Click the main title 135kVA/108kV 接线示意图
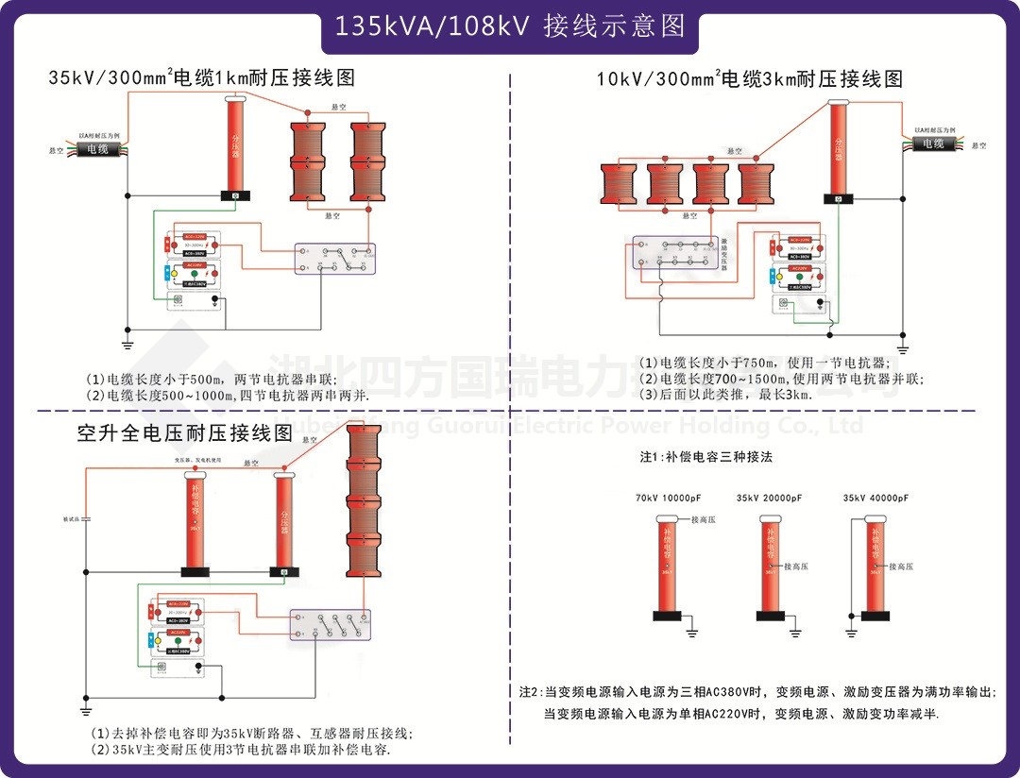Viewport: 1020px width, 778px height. pos(510,25)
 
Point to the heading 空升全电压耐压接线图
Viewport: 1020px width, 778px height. pos(185,434)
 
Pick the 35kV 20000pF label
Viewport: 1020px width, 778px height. pos(769,498)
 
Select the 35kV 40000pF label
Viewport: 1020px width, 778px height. pos(875,498)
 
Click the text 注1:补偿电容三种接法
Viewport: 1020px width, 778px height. pos(705,457)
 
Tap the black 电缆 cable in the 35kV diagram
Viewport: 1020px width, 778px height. pos(98,149)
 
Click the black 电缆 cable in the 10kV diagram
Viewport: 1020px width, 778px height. pos(933,144)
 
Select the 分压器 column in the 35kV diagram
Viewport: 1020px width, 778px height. pos(235,146)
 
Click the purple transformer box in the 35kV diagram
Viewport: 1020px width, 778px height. pos(334,260)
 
